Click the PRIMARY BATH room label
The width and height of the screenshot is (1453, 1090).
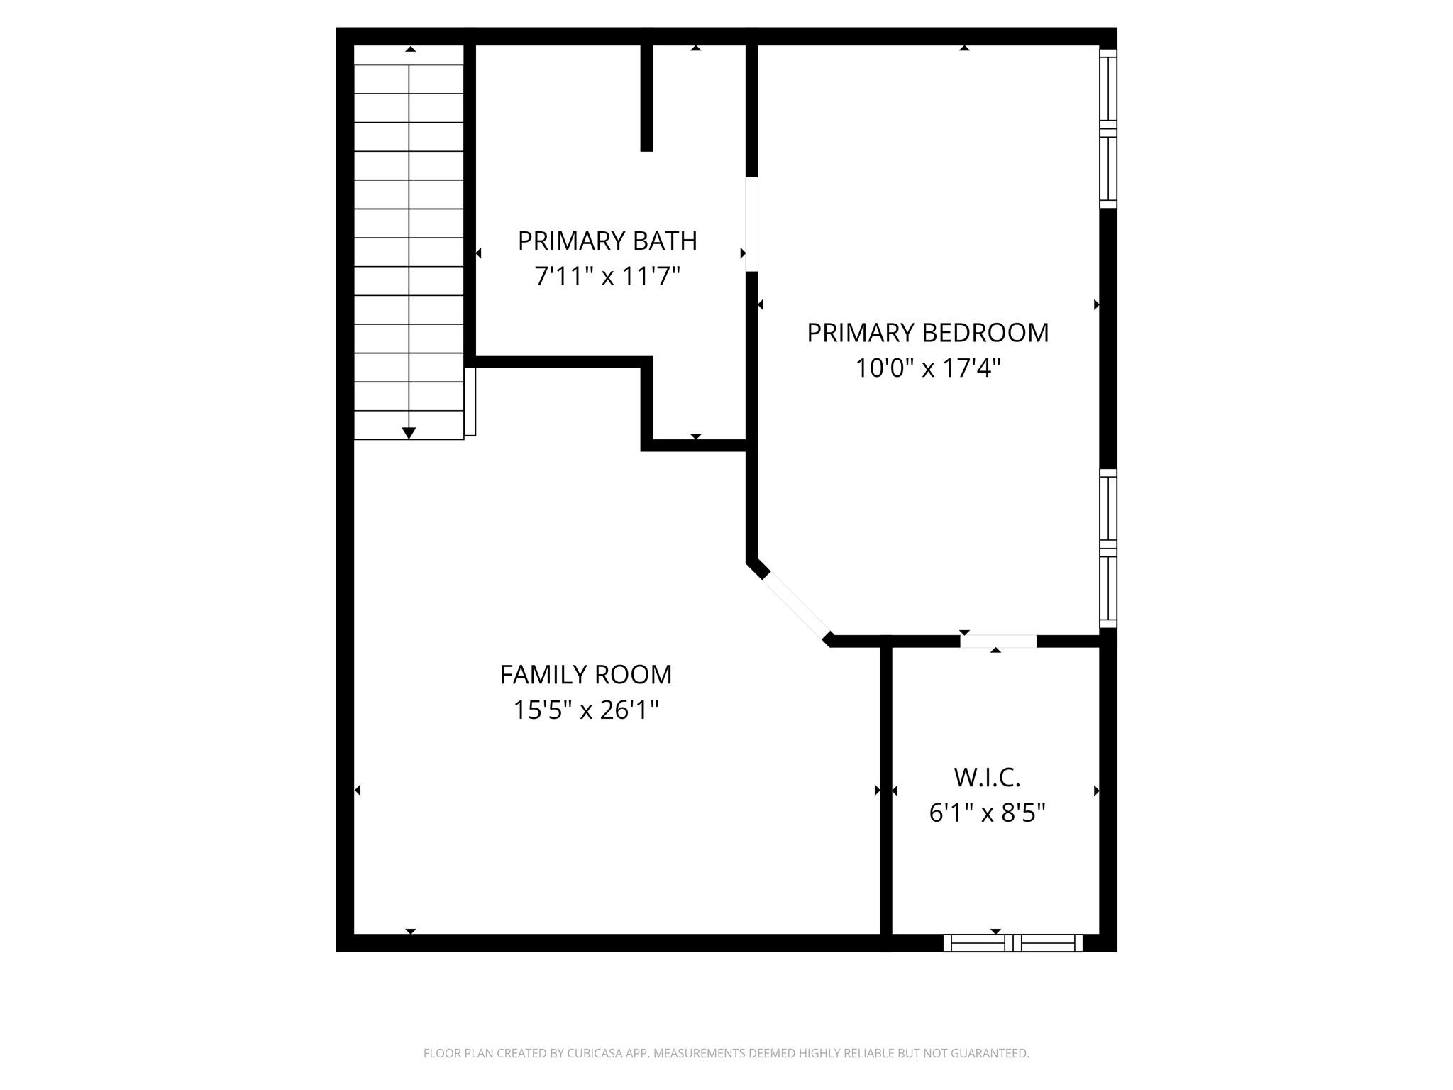[x=607, y=241]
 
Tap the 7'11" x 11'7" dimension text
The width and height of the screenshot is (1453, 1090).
[x=607, y=276]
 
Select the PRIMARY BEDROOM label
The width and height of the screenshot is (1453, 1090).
[x=927, y=333]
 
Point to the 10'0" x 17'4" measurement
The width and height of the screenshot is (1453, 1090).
[x=927, y=368]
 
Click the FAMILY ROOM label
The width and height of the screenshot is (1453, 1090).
[x=586, y=675]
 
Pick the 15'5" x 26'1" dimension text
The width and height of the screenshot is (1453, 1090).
[x=586, y=710]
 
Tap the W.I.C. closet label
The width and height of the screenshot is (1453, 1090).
[x=987, y=778]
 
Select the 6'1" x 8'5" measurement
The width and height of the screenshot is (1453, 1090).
[x=987, y=813]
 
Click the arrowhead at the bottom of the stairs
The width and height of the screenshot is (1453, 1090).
[x=409, y=433]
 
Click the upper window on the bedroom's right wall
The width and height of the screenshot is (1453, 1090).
[x=1107, y=128]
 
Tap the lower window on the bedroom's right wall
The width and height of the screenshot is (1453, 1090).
[x=1107, y=549]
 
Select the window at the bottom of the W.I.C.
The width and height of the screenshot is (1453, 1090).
[x=1012, y=943]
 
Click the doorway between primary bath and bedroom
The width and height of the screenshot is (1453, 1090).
[x=752, y=224]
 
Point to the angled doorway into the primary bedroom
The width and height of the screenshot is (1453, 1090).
[x=795, y=605]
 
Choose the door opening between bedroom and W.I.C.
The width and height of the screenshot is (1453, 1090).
[x=998, y=642]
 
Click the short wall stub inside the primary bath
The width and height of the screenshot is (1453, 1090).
[x=646, y=97]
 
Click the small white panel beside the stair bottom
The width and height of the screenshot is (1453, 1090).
[x=470, y=402]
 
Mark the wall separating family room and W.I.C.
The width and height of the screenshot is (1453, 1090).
[x=885, y=791]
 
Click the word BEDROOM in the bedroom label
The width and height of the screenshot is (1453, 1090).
[x=985, y=333]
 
